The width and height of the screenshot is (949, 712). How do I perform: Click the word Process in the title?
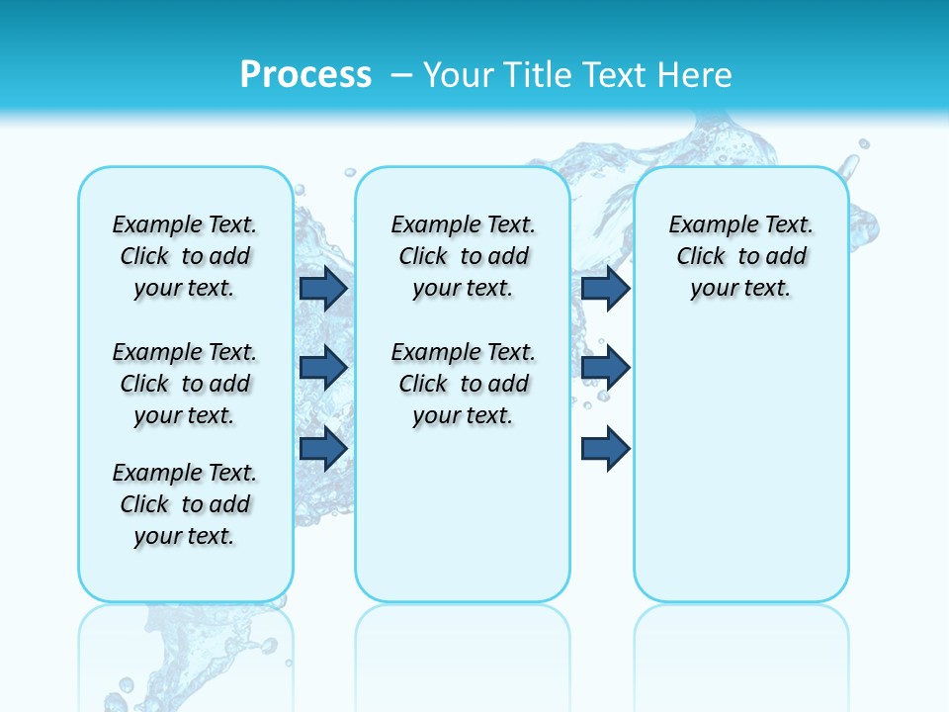click(x=305, y=74)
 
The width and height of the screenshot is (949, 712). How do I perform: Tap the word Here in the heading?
click(x=696, y=74)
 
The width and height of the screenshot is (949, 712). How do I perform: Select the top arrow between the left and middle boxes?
click(x=322, y=288)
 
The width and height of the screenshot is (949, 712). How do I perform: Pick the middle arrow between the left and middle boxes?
click(x=322, y=367)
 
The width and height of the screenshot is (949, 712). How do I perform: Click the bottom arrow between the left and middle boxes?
click(x=322, y=448)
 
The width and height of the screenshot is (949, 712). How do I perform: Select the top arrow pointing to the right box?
click(x=605, y=288)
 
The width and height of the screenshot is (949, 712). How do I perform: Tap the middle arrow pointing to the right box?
click(x=605, y=367)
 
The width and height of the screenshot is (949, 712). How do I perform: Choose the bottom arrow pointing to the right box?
click(x=605, y=448)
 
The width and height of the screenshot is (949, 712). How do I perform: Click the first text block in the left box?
click(x=185, y=256)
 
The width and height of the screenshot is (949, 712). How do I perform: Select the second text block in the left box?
click(x=185, y=384)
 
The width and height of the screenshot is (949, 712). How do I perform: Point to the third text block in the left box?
click(x=185, y=504)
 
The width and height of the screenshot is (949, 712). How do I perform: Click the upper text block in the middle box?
click(x=463, y=256)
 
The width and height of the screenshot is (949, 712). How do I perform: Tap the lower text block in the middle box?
click(x=463, y=384)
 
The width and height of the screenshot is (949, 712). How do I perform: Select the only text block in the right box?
click(x=740, y=256)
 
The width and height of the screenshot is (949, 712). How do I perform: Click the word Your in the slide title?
click(x=457, y=74)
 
